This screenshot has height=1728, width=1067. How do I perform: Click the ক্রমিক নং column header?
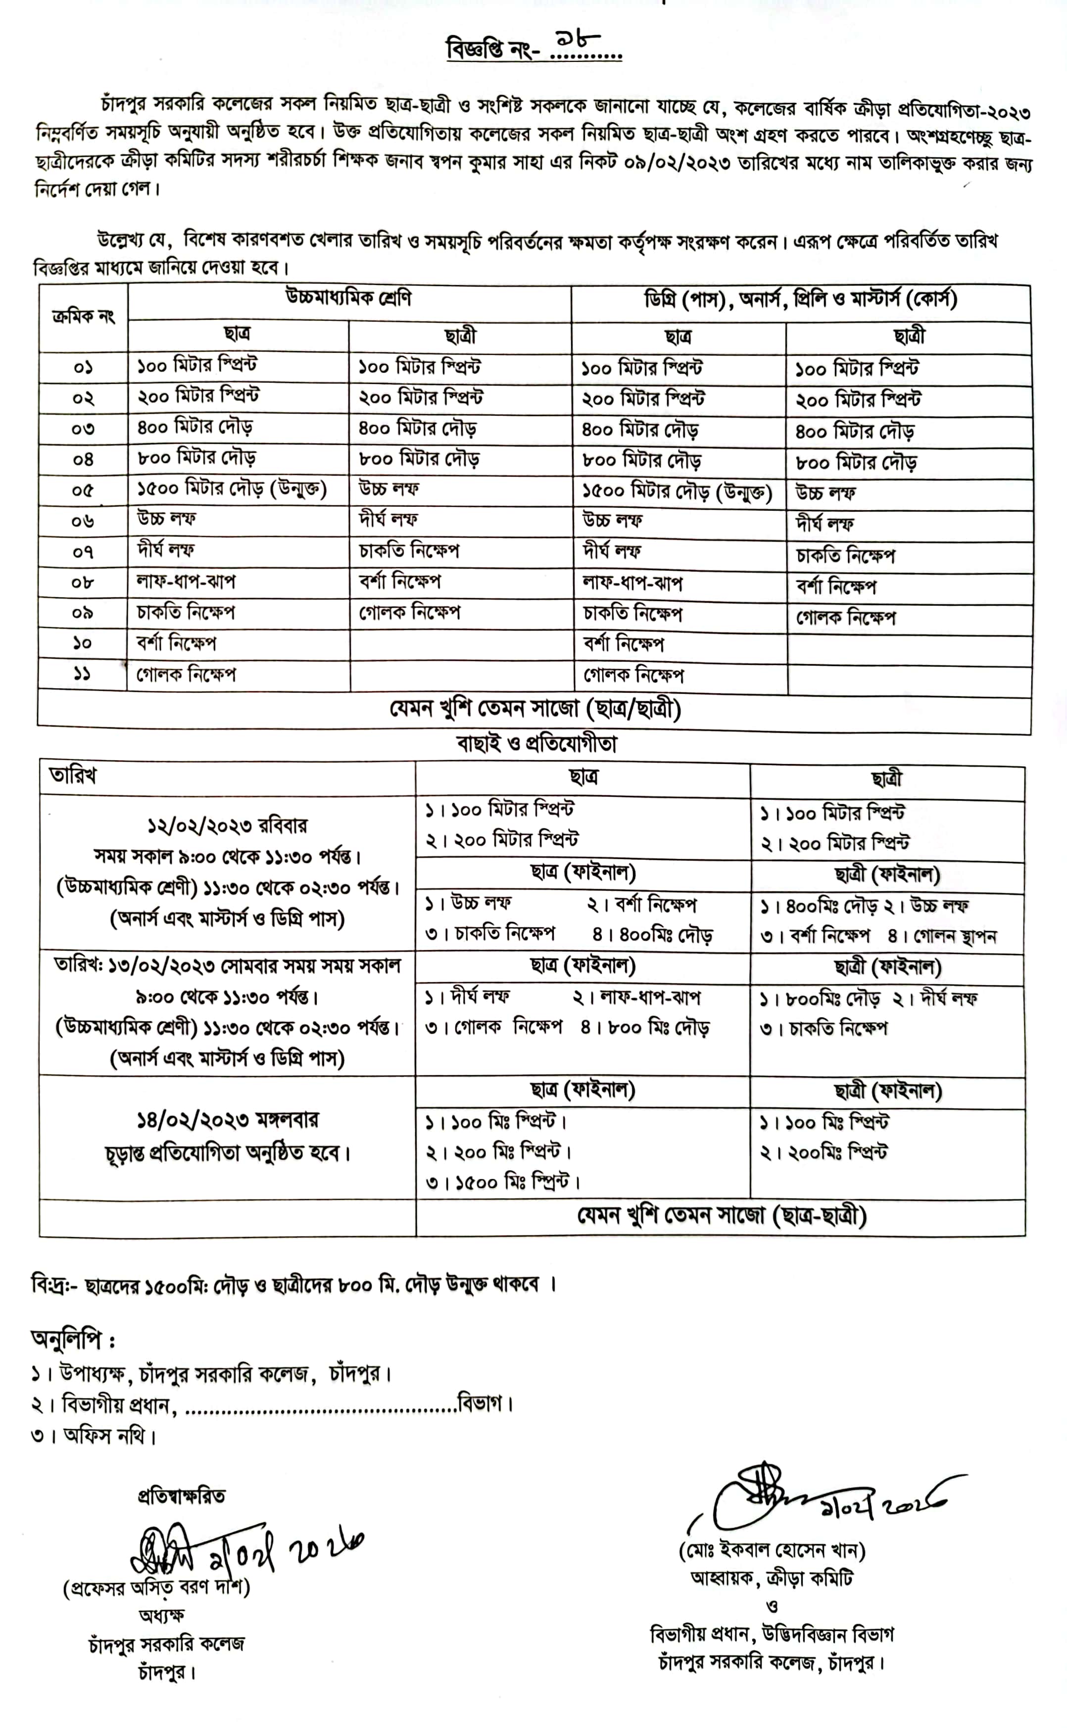83,317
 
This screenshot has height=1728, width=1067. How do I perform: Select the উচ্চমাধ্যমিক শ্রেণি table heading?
348,298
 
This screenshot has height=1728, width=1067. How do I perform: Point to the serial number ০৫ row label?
83,490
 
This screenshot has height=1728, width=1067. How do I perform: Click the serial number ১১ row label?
83,674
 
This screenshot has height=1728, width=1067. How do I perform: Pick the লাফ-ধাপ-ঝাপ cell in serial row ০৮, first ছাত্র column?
186,581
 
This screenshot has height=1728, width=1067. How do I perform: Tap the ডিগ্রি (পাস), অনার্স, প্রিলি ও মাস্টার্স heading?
800,300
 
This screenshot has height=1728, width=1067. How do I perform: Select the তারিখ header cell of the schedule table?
73,775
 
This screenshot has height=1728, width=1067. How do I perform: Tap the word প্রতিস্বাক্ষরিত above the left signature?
181,1496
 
